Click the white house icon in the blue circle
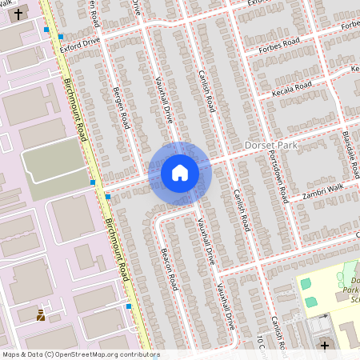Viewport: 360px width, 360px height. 180,172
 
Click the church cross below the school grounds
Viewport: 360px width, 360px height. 324,346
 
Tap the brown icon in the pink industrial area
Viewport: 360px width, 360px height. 41,315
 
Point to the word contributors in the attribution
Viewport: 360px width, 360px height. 128,354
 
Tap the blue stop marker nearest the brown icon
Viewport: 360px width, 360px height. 128,306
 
